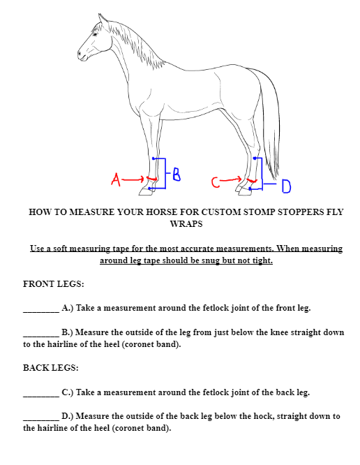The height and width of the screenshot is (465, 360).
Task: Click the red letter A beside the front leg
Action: click(116, 179)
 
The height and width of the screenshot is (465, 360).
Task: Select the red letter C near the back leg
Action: click(216, 182)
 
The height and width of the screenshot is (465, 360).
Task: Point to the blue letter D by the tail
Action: click(286, 186)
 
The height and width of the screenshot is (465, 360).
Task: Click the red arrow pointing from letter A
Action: click(133, 179)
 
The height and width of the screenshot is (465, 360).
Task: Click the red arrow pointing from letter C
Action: click(231, 179)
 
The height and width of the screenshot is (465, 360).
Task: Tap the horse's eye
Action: click(95, 34)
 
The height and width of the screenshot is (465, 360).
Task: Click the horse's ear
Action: click(102, 20)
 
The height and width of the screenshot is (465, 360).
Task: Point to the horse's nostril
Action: click(80, 54)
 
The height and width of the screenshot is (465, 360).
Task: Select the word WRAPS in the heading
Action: click(186, 224)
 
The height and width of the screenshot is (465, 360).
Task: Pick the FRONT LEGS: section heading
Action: click(54, 283)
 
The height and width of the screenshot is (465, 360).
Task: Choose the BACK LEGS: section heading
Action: click(51, 368)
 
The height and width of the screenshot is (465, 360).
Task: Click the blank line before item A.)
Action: click(41, 311)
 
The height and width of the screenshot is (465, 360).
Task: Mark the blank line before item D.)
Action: click(41, 420)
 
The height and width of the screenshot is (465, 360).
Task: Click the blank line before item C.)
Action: click(41, 396)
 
